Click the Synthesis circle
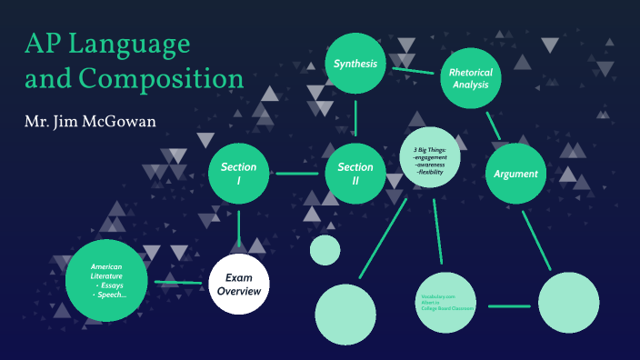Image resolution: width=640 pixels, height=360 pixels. pyautogui.click(x=355, y=64)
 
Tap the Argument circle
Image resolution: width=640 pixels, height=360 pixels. pyautogui.click(x=515, y=173)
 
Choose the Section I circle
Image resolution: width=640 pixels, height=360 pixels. pyautogui.click(x=239, y=174)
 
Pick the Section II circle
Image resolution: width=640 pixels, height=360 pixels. pyautogui.click(x=355, y=174)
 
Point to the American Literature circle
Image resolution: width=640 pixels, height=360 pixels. pyautogui.click(x=108, y=280)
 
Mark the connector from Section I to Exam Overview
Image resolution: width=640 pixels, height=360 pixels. pyautogui.click(x=239, y=227)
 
